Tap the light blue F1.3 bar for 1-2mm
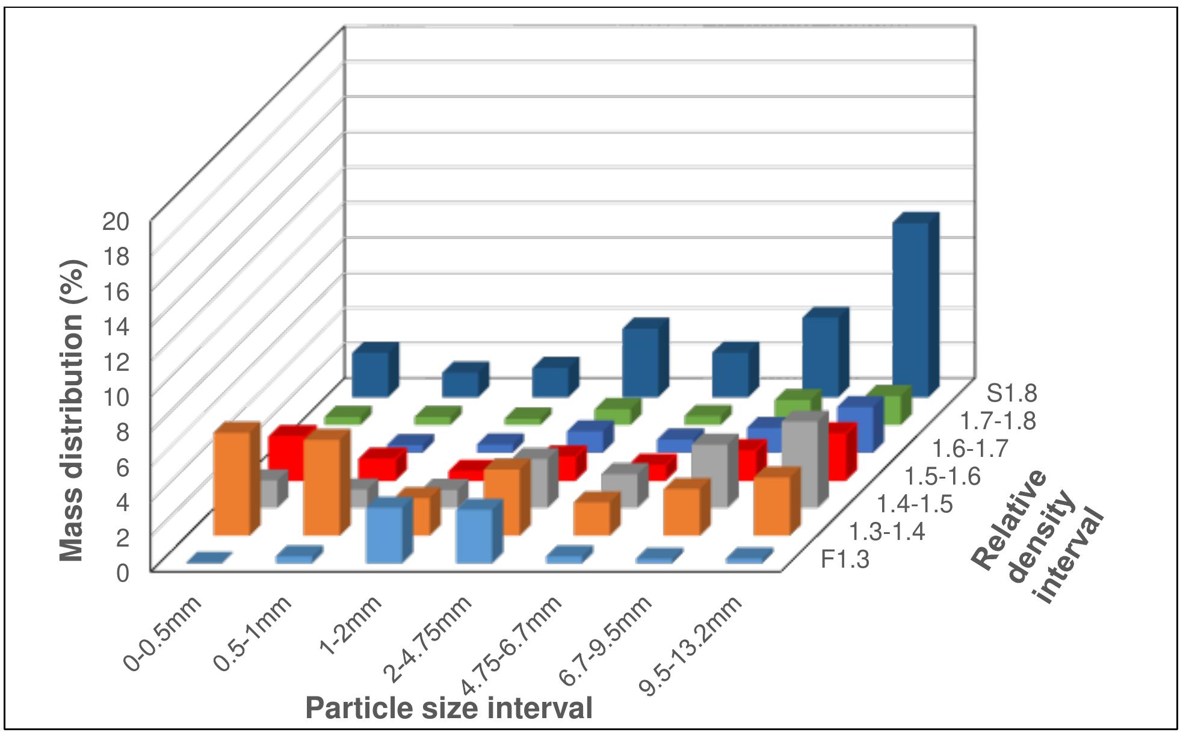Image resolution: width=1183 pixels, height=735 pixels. [384, 534]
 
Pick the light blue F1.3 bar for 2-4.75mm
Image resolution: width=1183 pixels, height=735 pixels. [474, 535]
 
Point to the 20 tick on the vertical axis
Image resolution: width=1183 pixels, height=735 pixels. [115, 222]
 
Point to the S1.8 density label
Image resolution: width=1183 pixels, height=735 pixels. [1012, 394]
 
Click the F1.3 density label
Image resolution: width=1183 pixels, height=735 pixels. [845, 560]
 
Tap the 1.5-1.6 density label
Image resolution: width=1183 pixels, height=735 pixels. [942, 477]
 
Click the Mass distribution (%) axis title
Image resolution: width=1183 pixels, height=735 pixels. [72, 411]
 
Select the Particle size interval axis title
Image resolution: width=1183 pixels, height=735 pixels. [449, 708]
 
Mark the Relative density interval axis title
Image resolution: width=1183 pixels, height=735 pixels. [1039, 536]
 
